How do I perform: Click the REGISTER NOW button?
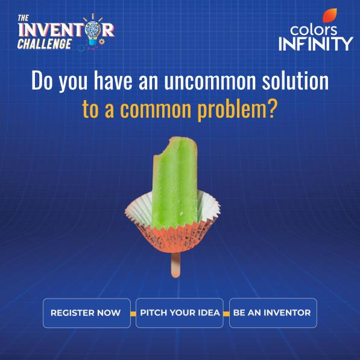tap(87, 313)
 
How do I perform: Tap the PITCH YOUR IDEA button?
tap(180, 313)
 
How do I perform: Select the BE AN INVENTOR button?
tap(273, 313)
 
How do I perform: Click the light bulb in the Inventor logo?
tap(93, 31)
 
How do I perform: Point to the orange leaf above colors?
tap(330, 16)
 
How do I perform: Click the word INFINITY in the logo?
tap(316, 43)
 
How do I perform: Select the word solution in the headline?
tap(295, 80)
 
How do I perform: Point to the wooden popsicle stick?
tap(175, 265)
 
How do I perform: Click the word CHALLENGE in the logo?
tap(45, 44)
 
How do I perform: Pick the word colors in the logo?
tap(314, 30)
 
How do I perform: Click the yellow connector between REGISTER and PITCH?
tap(133, 314)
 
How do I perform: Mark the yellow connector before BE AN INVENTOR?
tap(226, 314)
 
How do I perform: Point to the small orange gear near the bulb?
tap(102, 42)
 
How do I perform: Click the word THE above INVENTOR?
tap(23, 18)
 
